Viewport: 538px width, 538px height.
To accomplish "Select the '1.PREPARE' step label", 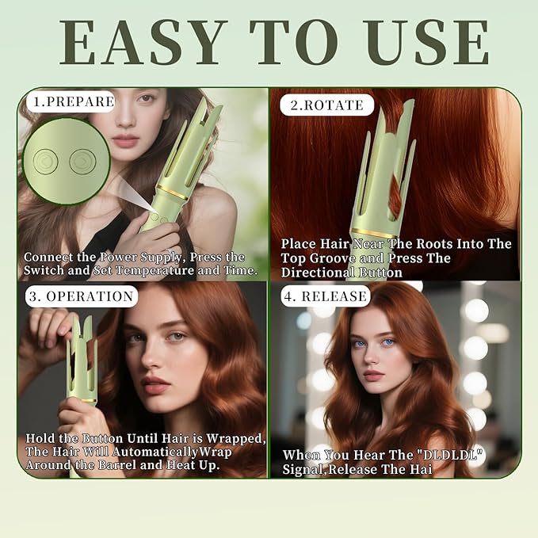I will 71,102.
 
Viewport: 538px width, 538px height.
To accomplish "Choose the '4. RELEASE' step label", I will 324,296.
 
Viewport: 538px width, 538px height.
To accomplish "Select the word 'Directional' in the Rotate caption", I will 320,272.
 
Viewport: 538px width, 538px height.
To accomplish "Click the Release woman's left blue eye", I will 357,343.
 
